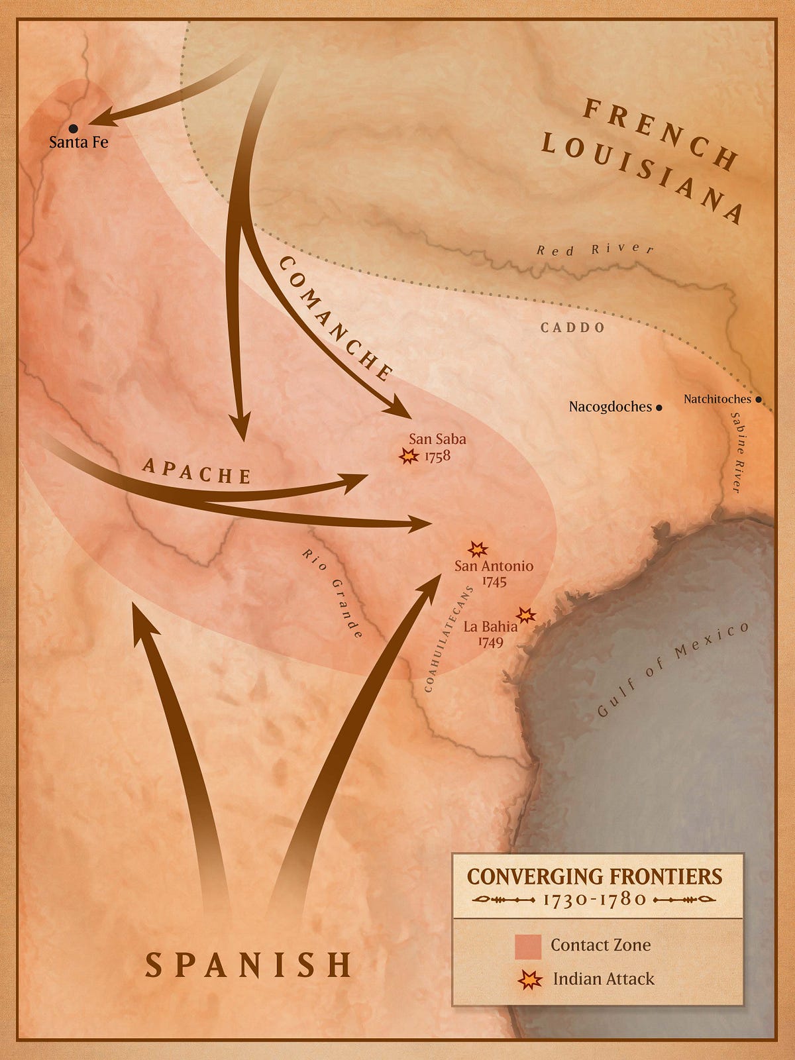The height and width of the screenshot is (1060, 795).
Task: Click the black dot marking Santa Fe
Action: pos(73,128)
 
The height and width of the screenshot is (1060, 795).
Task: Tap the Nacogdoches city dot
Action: pos(659,408)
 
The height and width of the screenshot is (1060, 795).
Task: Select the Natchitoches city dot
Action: pos(759,400)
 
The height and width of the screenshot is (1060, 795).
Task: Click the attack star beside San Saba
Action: pos(408,456)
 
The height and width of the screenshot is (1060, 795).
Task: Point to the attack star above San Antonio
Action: pos(478,549)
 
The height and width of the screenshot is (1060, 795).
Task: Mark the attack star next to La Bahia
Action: pos(526,615)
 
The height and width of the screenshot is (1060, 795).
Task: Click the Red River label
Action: pos(595,250)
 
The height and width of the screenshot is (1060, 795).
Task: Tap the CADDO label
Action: pos(572,327)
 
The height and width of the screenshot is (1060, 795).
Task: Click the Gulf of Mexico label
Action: pos(672,669)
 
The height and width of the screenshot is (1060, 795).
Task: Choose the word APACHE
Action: pos(197,471)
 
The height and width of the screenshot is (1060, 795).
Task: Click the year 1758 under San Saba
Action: pos(437,456)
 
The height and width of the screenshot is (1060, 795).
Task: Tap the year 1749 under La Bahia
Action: pos(490,642)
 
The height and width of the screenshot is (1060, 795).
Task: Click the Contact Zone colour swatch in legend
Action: pos(528,946)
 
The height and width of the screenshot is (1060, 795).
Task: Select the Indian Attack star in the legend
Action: pos(529,980)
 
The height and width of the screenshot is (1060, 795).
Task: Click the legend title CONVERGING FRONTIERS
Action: pos(594,876)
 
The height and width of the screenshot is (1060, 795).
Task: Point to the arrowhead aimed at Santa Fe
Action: pos(99,121)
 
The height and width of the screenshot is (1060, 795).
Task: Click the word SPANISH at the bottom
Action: pos(249,965)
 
